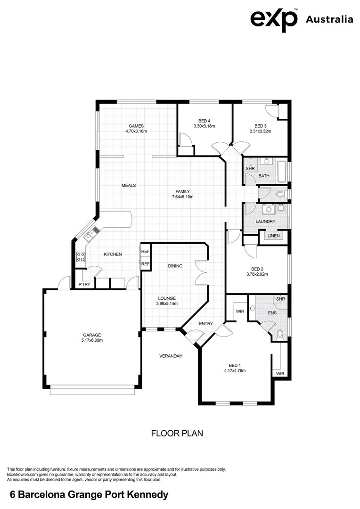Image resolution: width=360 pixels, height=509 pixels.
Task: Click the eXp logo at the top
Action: (x=274, y=19)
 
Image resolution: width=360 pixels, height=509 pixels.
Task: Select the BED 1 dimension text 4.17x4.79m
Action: (x=235, y=370)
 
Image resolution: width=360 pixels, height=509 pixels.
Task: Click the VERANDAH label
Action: (x=170, y=356)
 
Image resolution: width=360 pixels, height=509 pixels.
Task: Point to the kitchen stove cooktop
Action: (x=81, y=257)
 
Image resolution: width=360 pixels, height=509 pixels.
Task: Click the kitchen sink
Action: (x=94, y=231)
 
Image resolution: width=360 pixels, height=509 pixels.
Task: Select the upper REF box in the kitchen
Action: (x=145, y=252)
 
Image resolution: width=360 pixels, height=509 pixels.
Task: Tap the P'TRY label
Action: (x=84, y=285)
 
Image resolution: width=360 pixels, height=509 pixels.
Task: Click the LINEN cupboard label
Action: (x=273, y=236)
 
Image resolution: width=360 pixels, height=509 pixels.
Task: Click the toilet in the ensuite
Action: (x=280, y=334)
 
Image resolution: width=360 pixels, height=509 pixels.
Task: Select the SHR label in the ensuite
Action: (x=280, y=299)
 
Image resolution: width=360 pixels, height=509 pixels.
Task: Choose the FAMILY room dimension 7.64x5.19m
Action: (x=183, y=197)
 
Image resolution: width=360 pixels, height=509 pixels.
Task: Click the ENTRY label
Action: (x=206, y=323)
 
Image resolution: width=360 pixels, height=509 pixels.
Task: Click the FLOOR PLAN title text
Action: (x=177, y=433)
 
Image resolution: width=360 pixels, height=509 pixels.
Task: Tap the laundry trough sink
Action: (x=269, y=209)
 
